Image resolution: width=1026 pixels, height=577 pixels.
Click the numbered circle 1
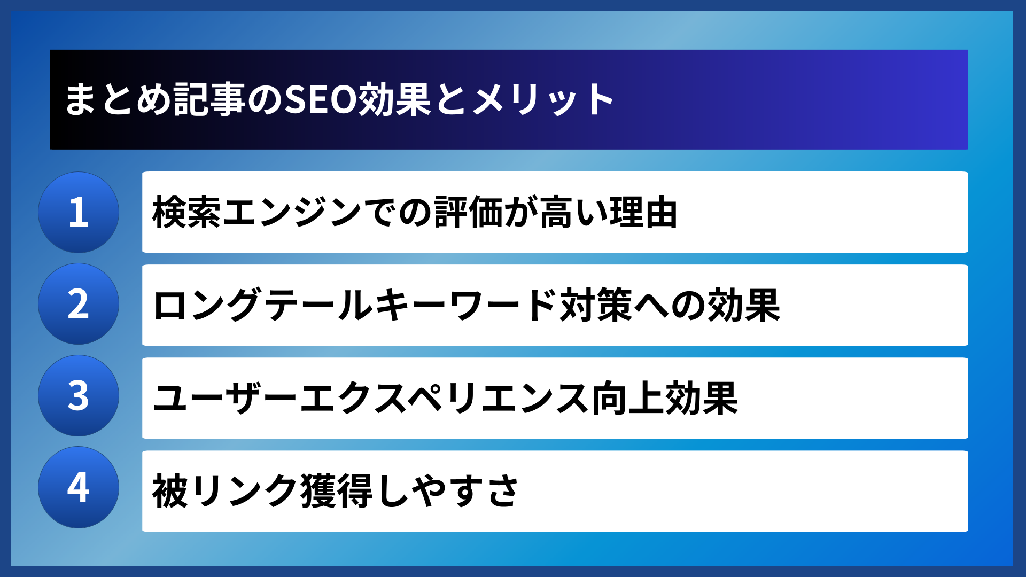pyautogui.click(x=79, y=212)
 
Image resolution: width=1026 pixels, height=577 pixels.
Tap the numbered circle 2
pyautogui.click(x=79, y=303)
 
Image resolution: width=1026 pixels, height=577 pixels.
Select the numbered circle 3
pyautogui.click(x=79, y=395)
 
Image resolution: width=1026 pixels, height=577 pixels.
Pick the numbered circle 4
pyautogui.click(x=79, y=487)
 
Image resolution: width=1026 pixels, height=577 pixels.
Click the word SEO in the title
pyautogui.click(x=320, y=100)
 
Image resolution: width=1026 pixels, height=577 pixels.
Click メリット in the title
pyautogui.click(x=543, y=100)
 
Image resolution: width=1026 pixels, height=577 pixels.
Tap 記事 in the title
pyautogui.click(x=209, y=100)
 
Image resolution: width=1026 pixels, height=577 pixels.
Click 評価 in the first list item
pyautogui.click(x=468, y=213)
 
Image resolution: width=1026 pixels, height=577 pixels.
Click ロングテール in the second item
pyautogui.click(x=263, y=306)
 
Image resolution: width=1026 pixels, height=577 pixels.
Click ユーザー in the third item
pyautogui.click(x=224, y=399)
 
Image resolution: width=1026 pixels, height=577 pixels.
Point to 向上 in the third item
pyautogui.click(x=627, y=399)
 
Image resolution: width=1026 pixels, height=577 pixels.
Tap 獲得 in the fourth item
pyautogui.click(x=336, y=491)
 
